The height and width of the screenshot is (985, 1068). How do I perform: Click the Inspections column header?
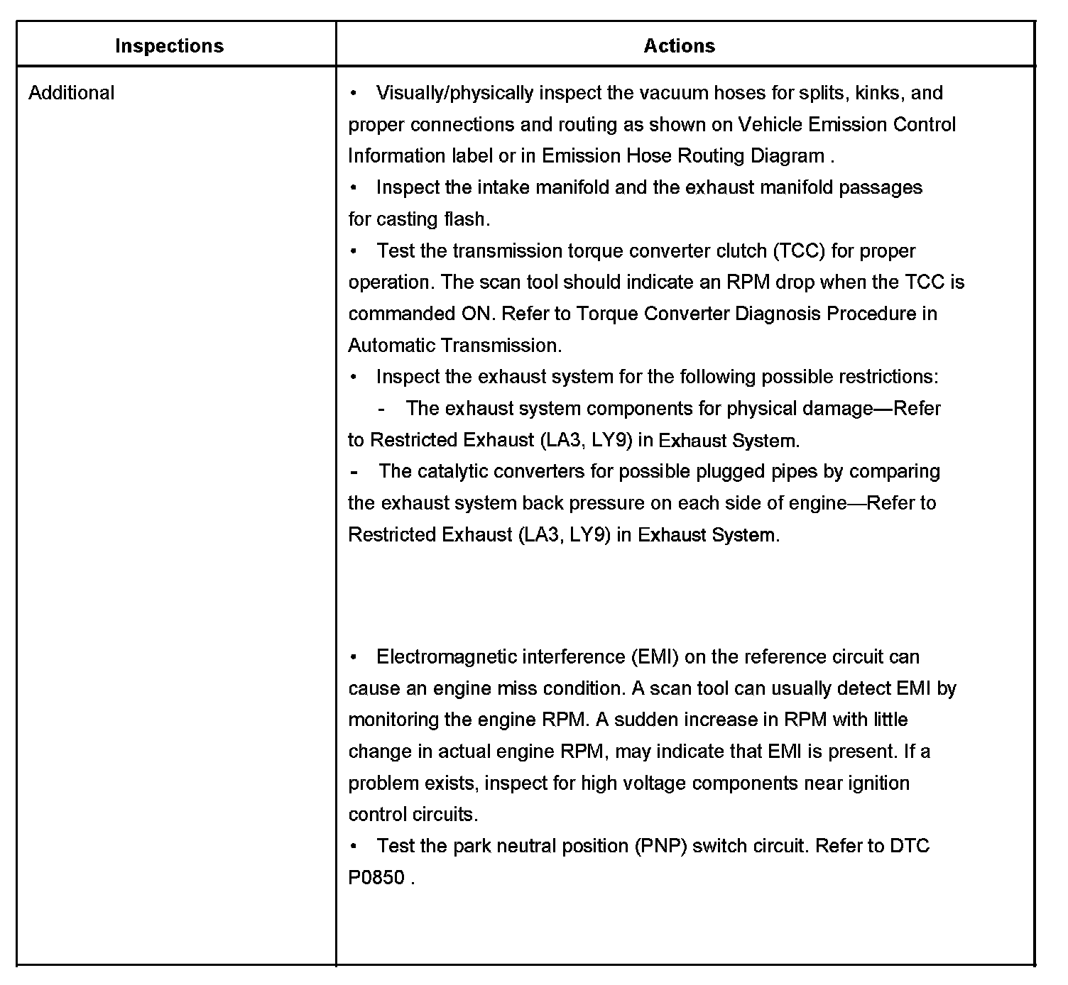pyautogui.click(x=169, y=46)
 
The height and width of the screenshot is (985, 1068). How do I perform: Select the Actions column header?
pyautogui.click(x=679, y=46)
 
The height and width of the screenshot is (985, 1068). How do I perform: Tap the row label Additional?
pyautogui.click(x=71, y=93)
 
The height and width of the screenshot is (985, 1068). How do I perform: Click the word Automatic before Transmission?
pyautogui.click(x=392, y=346)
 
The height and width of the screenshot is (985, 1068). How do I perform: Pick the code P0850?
pyautogui.click(x=376, y=878)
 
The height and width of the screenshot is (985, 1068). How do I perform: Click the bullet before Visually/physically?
pyautogui.click(x=354, y=93)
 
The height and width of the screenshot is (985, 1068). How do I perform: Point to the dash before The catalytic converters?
pyautogui.click(x=354, y=472)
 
